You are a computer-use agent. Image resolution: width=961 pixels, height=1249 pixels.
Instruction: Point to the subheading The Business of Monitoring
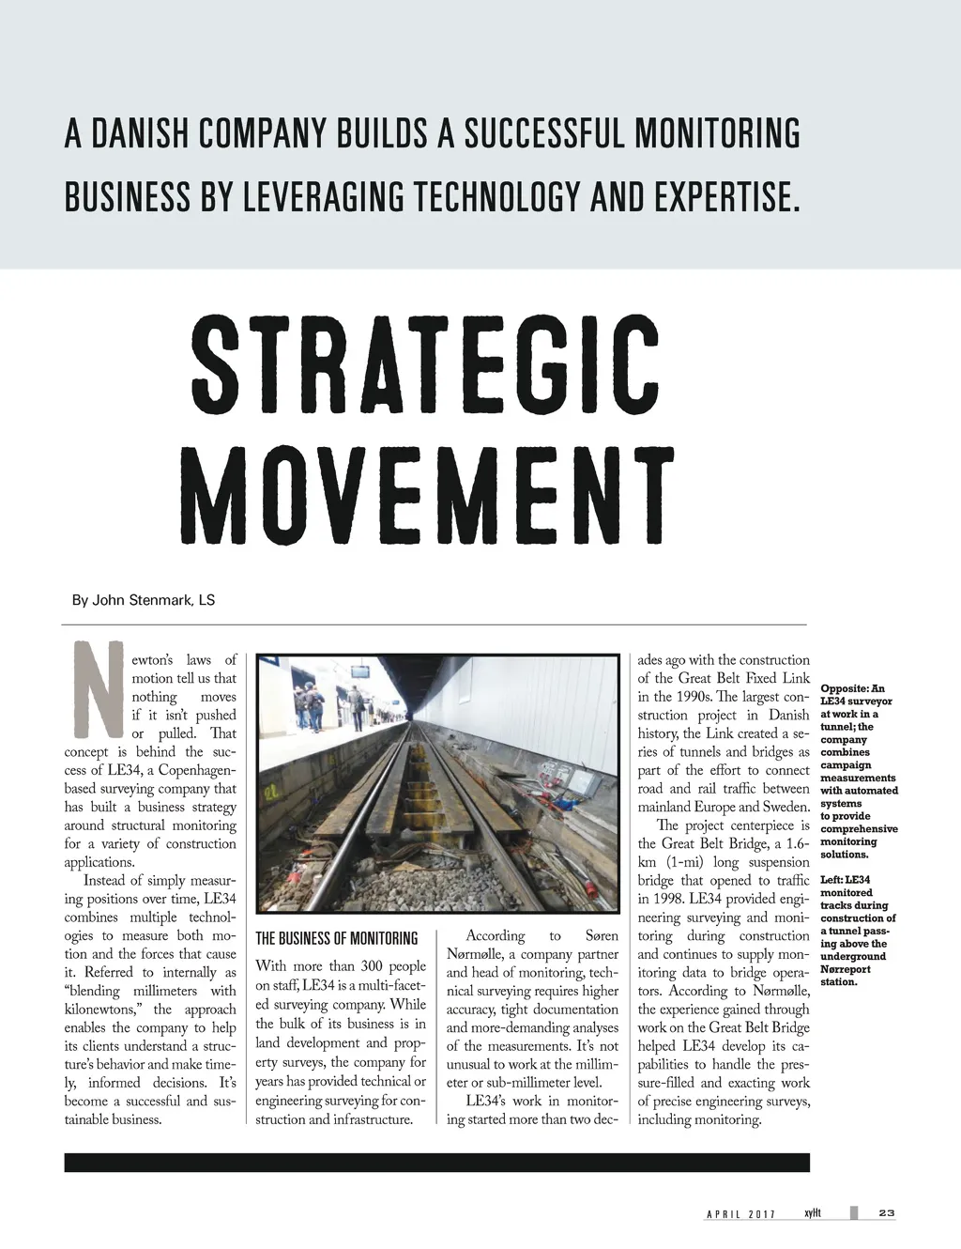tap(336, 938)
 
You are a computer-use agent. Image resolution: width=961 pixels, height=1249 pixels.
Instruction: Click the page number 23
tap(886, 1213)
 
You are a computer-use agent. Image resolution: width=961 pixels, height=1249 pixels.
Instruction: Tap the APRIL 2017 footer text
tap(741, 1214)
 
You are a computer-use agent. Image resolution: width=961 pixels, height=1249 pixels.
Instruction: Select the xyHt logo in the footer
tap(813, 1213)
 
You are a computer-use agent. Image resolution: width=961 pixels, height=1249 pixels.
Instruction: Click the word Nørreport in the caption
tap(845, 969)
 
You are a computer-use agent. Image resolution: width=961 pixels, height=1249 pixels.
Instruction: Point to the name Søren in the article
tap(601, 935)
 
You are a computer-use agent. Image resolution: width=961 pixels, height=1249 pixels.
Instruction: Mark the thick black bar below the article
tap(436, 1162)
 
